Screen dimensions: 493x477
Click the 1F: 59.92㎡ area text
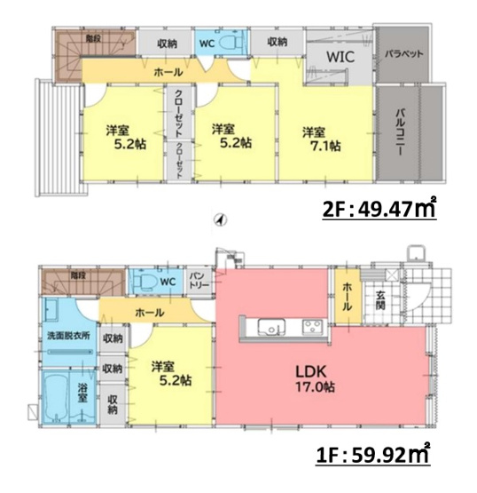[x=373, y=460]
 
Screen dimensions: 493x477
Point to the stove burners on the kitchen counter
[x=313, y=326]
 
